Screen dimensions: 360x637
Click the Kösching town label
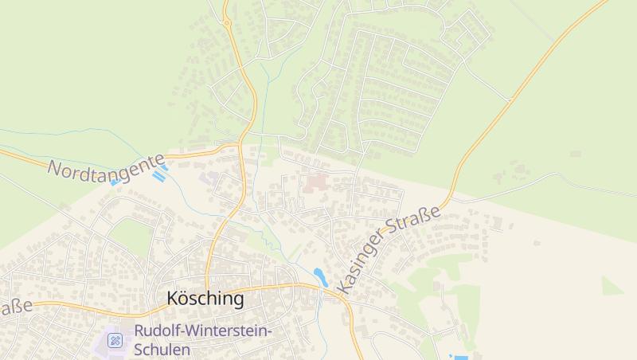pyautogui.click(x=205, y=299)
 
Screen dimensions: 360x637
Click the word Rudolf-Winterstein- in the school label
pyautogui.click(x=203, y=331)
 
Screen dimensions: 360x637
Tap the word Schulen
pyautogui.click(x=162, y=349)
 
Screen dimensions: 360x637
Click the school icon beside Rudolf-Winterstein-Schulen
pyautogui.click(x=115, y=340)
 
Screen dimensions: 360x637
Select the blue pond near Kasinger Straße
pyautogui.click(x=320, y=276)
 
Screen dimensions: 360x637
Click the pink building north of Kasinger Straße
pyautogui.click(x=315, y=183)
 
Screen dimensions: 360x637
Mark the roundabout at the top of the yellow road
pyautogui.click(x=227, y=23)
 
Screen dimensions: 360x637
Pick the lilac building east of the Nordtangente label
pyautogui.click(x=211, y=177)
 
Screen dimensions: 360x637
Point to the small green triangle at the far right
pyautogui.click(x=611, y=286)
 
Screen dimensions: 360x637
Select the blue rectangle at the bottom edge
pyautogui.click(x=459, y=357)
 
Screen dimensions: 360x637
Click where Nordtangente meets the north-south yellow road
pyautogui.click(x=240, y=146)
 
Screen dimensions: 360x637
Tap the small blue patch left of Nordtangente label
pyautogui.click(x=115, y=182)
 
